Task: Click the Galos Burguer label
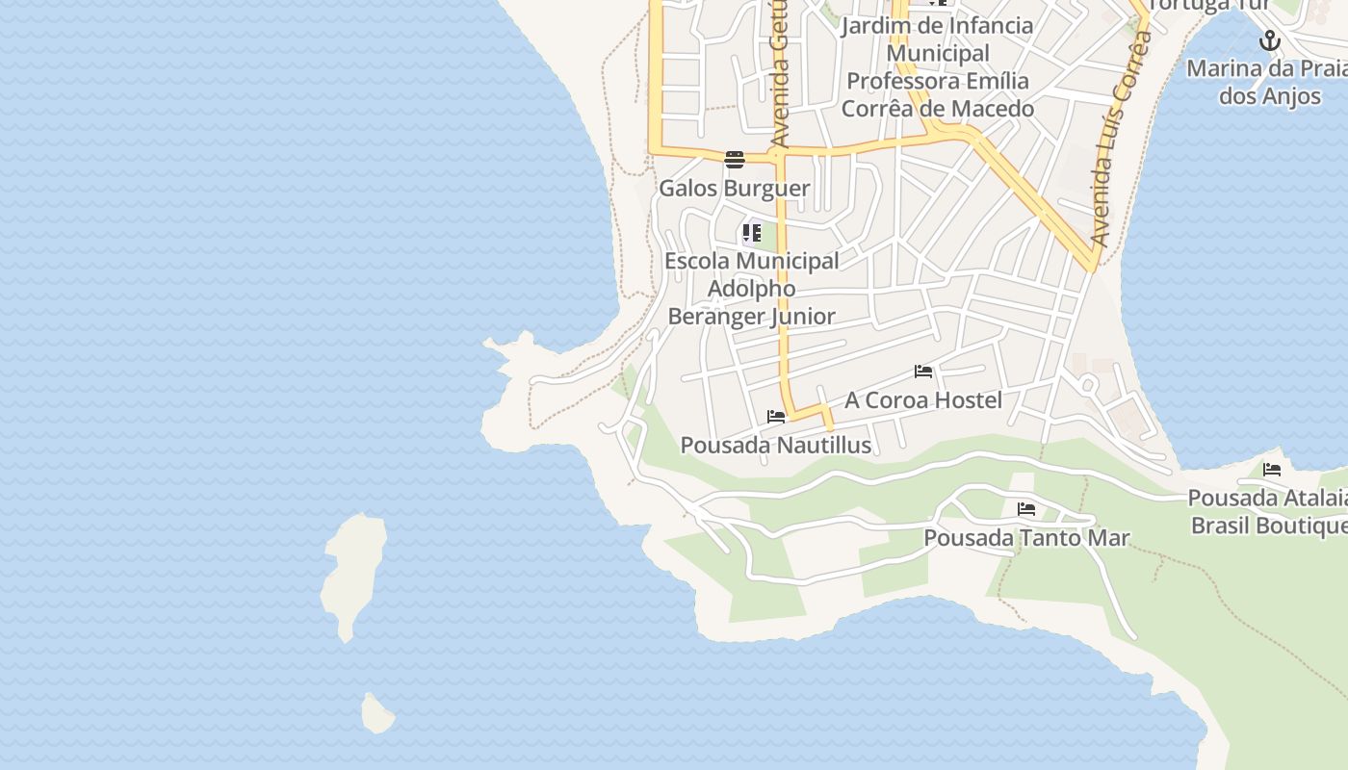(734, 188)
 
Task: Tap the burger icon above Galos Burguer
(735, 159)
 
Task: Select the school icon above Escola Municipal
(752, 233)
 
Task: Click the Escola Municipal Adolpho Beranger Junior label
(752, 288)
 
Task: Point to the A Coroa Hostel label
(923, 399)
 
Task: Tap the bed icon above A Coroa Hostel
(923, 372)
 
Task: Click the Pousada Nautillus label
(775, 445)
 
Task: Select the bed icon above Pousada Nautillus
(776, 417)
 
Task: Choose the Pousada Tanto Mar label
(1026, 537)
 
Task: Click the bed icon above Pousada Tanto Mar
(1026, 508)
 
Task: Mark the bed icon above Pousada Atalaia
(1272, 470)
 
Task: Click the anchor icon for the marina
(1270, 40)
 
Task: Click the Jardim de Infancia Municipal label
(937, 38)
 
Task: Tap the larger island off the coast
(353, 574)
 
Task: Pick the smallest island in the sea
(376, 713)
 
